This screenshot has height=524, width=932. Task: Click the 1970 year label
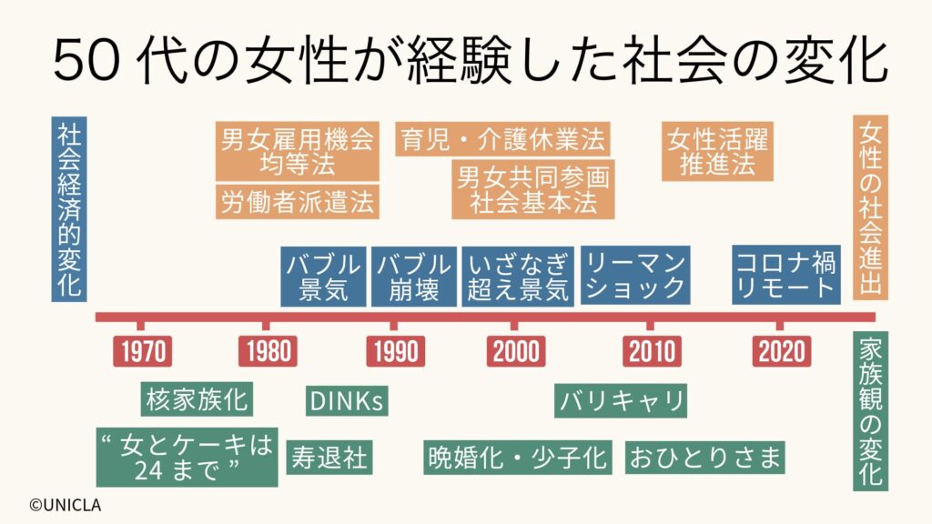coord(143,351)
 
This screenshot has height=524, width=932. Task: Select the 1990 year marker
coord(395,351)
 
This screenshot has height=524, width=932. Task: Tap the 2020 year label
coord(781,351)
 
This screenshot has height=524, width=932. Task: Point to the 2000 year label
coord(516,351)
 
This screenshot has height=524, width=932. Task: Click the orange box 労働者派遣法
coord(298,202)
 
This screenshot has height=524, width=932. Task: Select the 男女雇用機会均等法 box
coord(298,151)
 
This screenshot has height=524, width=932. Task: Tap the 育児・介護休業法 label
coord(502,139)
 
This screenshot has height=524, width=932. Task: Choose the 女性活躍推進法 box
coord(717,151)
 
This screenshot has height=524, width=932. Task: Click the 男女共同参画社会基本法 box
coord(533,189)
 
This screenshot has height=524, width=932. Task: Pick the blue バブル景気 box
coord(323,277)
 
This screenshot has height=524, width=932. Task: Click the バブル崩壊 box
coord(414,277)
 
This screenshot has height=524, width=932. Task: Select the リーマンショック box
coord(635,275)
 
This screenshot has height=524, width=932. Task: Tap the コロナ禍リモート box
coord(785,275)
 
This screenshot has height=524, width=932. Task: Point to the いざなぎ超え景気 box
coord(518,277)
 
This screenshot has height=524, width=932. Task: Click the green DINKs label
coord(347,400)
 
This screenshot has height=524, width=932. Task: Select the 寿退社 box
coord(329,458)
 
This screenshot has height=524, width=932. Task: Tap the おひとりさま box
coord(705,458)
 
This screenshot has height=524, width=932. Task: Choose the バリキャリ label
coord(621,400)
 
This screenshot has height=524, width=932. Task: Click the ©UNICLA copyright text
coord(66,506)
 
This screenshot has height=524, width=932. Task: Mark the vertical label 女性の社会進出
coord(870,207)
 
